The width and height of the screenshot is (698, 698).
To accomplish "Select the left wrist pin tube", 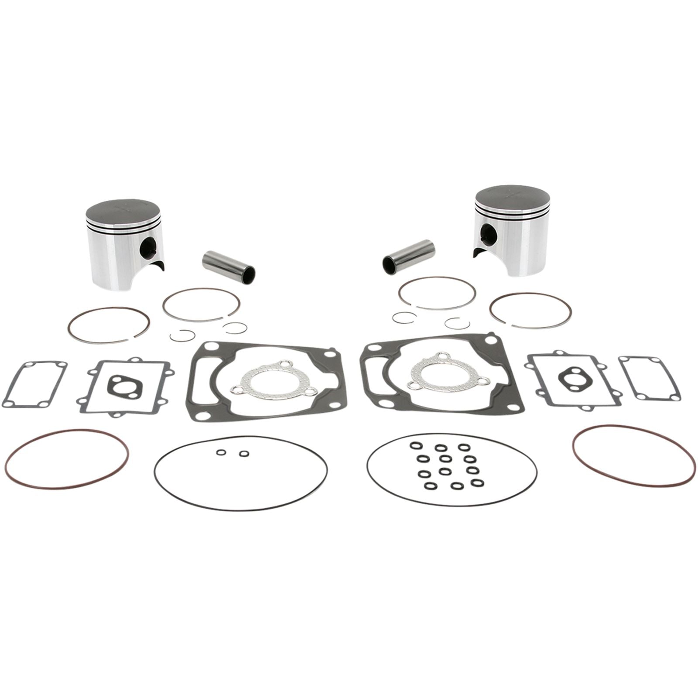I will point(228,266).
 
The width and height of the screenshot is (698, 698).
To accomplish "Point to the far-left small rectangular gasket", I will point(34,384).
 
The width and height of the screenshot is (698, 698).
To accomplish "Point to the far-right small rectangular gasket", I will point(650,378).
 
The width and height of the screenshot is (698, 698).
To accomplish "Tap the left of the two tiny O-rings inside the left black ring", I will point(221,453).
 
